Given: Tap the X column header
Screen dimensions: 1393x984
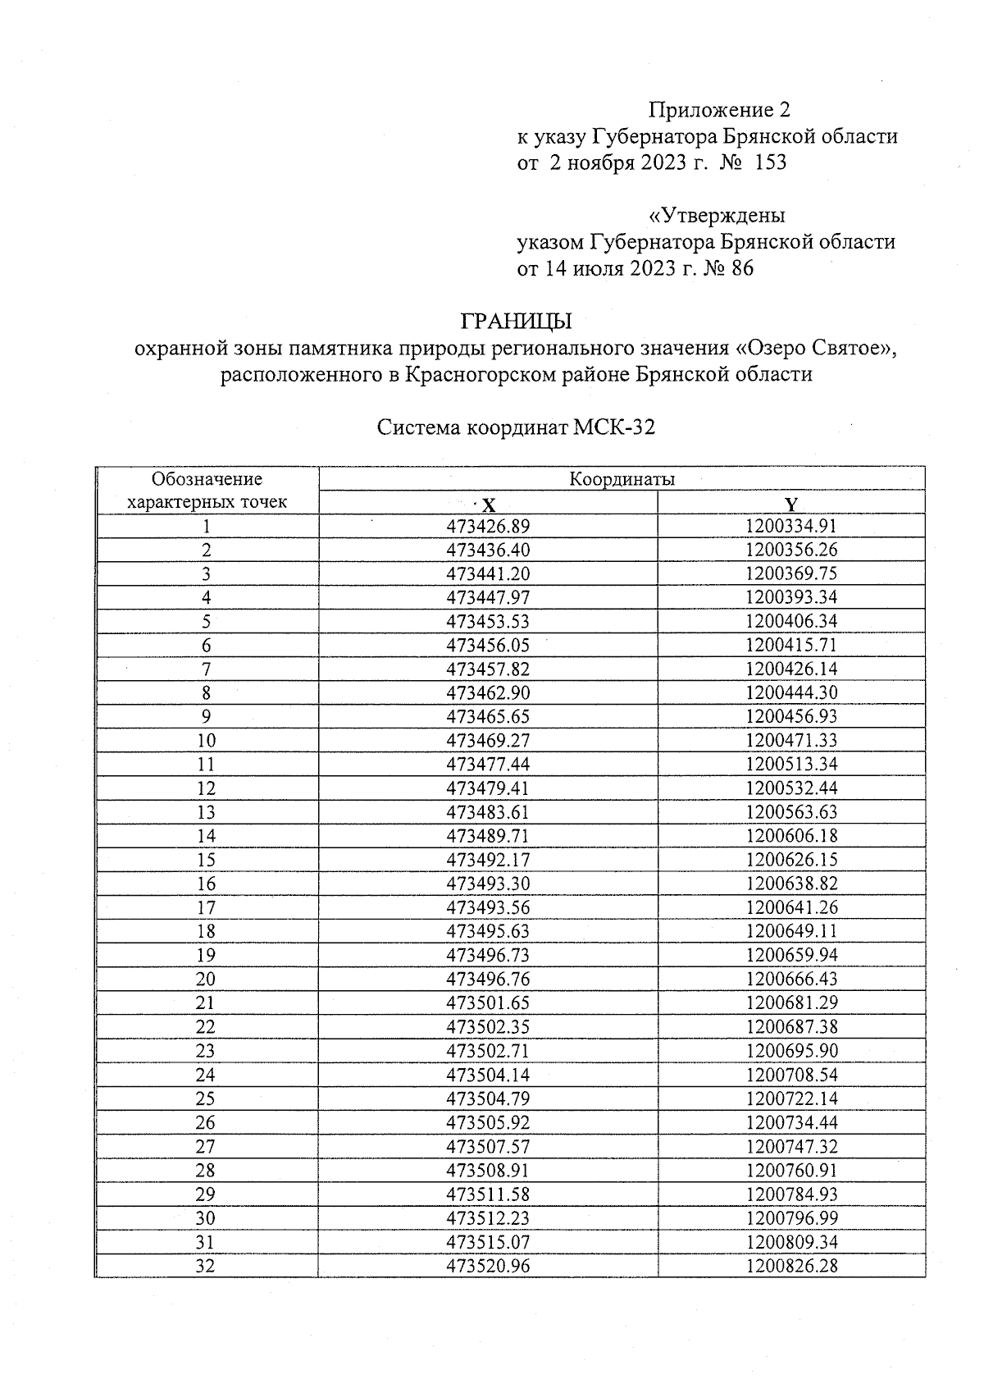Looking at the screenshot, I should coord(488,504).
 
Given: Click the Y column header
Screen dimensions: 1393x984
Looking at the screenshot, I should coord(790,504).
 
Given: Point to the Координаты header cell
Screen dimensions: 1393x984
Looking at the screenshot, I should coord(622,479).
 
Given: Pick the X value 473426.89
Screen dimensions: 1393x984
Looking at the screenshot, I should coord(488,527).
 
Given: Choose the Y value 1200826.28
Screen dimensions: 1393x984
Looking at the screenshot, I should coord(791,1266).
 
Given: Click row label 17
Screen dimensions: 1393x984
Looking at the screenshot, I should coord(207,907).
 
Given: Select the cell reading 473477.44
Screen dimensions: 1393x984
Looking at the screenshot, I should coord(488,765).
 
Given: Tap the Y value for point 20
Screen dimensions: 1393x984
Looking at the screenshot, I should coord(791,979).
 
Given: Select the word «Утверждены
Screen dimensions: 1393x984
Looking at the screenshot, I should coord(717,216).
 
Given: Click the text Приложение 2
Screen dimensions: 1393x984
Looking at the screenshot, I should coord(719,110).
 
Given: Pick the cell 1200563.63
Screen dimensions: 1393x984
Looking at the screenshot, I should coord(791,812).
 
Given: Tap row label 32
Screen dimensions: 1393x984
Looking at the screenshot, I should coord(207,1266).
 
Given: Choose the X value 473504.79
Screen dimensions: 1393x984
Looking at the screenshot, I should coord(488,1098).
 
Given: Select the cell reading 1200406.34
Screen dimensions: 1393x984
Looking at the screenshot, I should coord(791,621).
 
